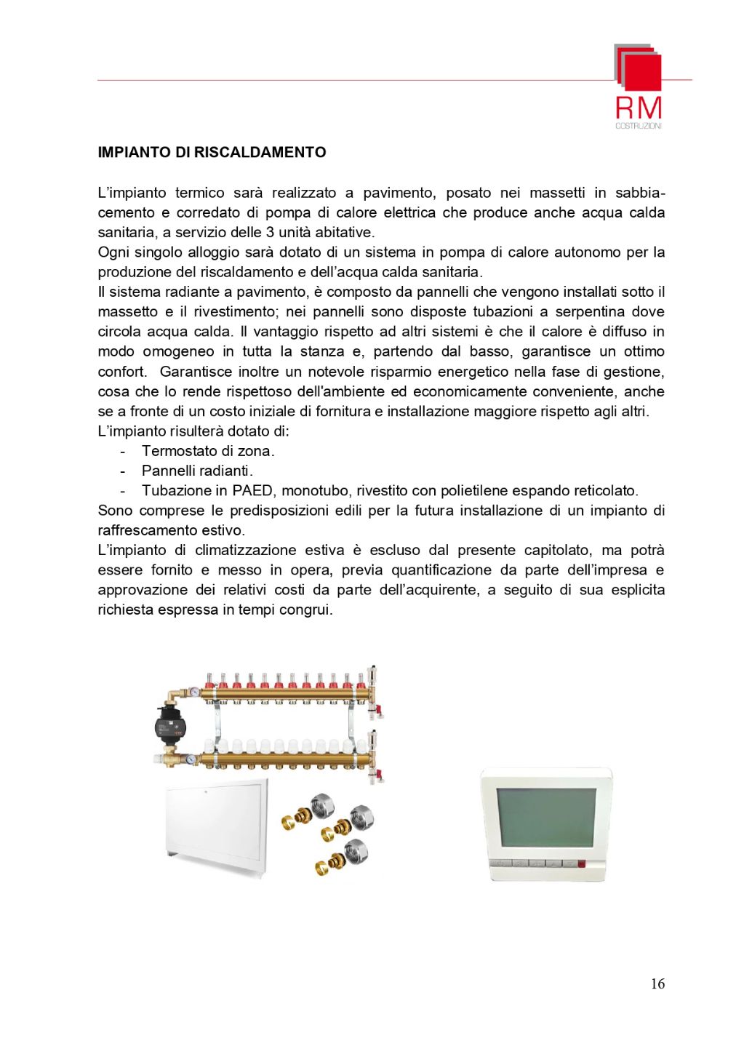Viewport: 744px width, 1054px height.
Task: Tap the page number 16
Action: click(657, 984)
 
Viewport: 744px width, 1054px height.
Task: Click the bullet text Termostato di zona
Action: click(208, 451)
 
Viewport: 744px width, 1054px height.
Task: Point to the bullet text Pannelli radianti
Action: click(197, 471)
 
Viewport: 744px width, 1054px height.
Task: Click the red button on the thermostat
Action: click(581, 865)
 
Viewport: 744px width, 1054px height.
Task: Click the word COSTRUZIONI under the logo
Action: click(639, 126)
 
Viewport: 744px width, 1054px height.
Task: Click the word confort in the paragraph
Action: click(121, 372)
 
